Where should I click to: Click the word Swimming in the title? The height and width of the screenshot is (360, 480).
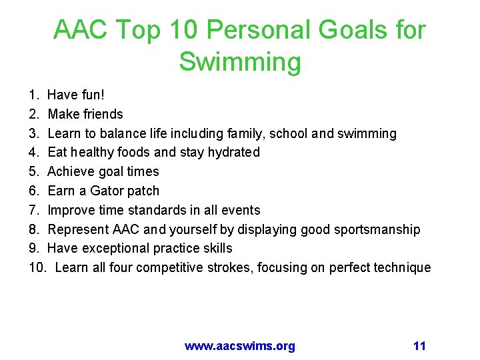tap(240, 62)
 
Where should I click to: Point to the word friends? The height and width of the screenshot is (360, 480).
tap(101, 114)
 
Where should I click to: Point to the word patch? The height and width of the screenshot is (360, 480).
tap(144, 191)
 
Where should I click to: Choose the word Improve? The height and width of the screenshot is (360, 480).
tap(72, 210)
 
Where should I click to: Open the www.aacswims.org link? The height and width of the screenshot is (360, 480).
tap(239, 346)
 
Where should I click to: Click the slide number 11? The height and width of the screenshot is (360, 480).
tap(419, 346)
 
